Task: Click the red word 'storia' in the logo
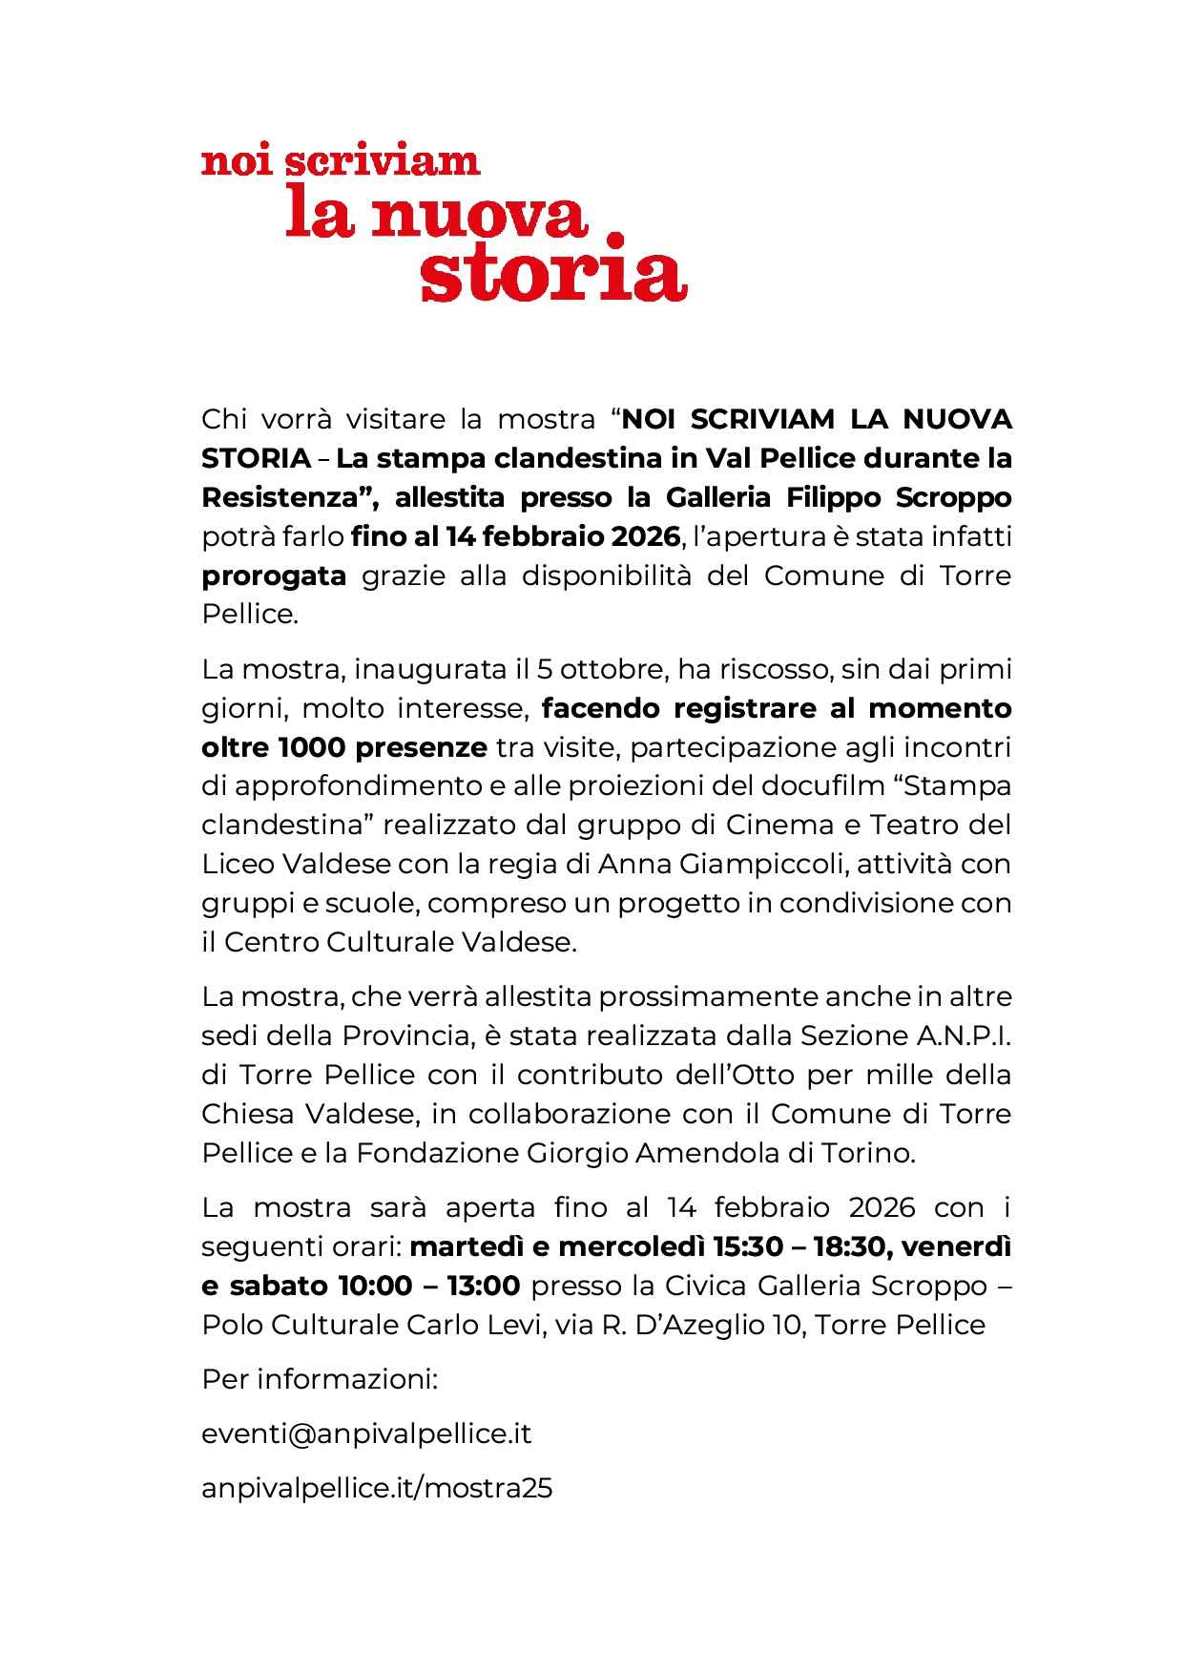click(x=553, y=276)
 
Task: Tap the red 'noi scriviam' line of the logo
click(x=341, y=162)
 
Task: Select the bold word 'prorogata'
click(x=274, y=576)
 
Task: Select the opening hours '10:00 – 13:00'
click(x=428, y=1286)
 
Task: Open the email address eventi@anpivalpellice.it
click(x=366, y=1433)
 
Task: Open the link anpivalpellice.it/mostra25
click(x=377, y=1488)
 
